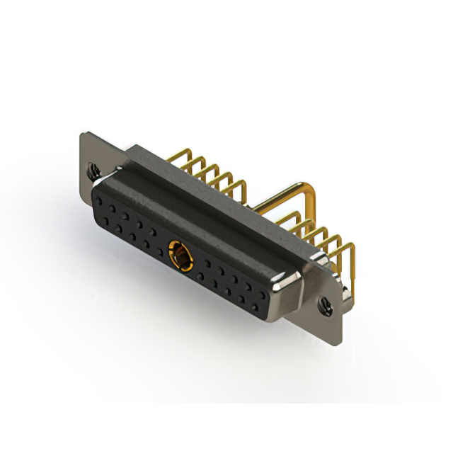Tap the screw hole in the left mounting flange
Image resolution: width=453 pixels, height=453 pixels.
(92, 170)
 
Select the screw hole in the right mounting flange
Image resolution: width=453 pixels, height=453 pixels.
(326, 306)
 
